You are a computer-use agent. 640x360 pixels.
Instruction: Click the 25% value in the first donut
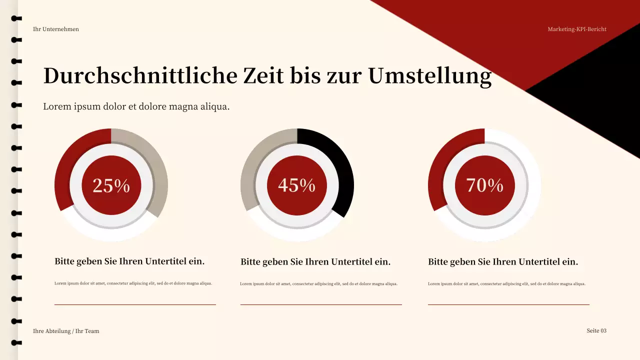coord(111,185)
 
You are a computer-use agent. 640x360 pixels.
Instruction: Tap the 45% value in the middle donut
coord(296,185)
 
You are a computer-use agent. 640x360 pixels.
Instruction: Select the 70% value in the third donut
coord(484,185)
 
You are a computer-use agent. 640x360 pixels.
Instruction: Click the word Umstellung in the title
coord(430,76)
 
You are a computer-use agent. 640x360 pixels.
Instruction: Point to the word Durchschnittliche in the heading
coord(140,76)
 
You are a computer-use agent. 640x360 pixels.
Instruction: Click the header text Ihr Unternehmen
coord(56,29)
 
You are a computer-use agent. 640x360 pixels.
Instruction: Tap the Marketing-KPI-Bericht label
coord(577,29)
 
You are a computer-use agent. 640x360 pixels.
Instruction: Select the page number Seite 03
coord(596,330)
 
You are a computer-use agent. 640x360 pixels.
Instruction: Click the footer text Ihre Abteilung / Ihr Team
coord(66,331)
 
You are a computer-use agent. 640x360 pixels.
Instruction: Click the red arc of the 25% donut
coord(70,160)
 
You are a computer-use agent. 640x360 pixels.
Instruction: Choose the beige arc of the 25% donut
coord(155,170)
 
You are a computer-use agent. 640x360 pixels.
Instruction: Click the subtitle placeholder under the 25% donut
coord(129,261)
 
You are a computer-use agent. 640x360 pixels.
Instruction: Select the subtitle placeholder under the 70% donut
coord(503,261)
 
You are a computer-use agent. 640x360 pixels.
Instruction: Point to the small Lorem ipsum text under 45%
coord(318,284)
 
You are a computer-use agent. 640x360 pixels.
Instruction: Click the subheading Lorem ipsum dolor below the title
coord(136,106)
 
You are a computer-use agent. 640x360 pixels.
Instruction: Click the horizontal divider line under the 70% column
coord(508,304)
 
